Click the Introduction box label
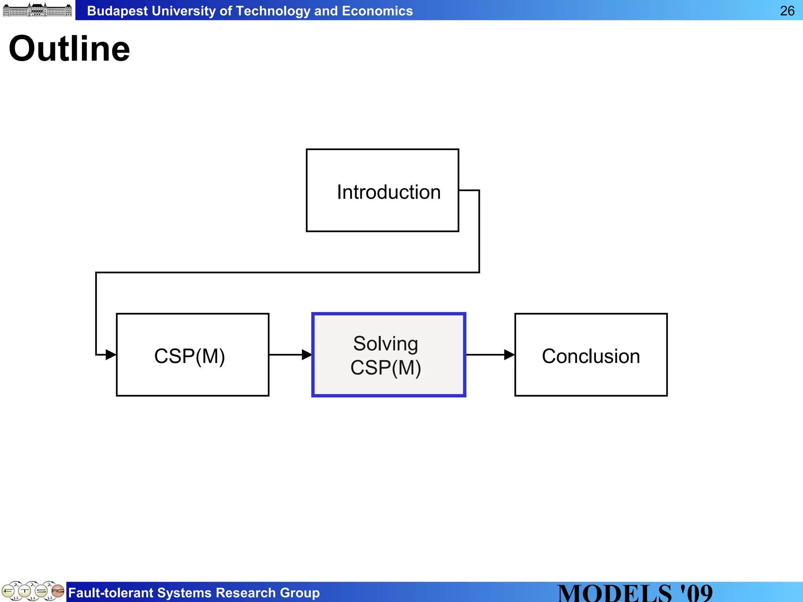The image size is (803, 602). tap(389, 192)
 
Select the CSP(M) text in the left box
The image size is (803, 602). tap(190, 356)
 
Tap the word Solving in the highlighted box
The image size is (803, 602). tap(385, 344)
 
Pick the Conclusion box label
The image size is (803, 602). tap(590, 356)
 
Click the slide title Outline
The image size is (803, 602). tap(69, 49)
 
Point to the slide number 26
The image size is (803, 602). tap(787, 11)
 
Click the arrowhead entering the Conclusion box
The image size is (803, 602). tap(509, 355)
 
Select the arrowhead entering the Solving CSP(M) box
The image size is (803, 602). tap(307, 355)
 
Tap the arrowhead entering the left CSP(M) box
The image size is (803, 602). tap(111, 355)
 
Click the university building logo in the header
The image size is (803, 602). tap(38, 10)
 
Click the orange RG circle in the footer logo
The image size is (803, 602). tap(58, 590)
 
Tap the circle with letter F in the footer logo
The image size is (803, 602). tap(8, 591)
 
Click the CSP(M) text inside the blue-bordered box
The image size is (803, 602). tap(385, 368)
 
